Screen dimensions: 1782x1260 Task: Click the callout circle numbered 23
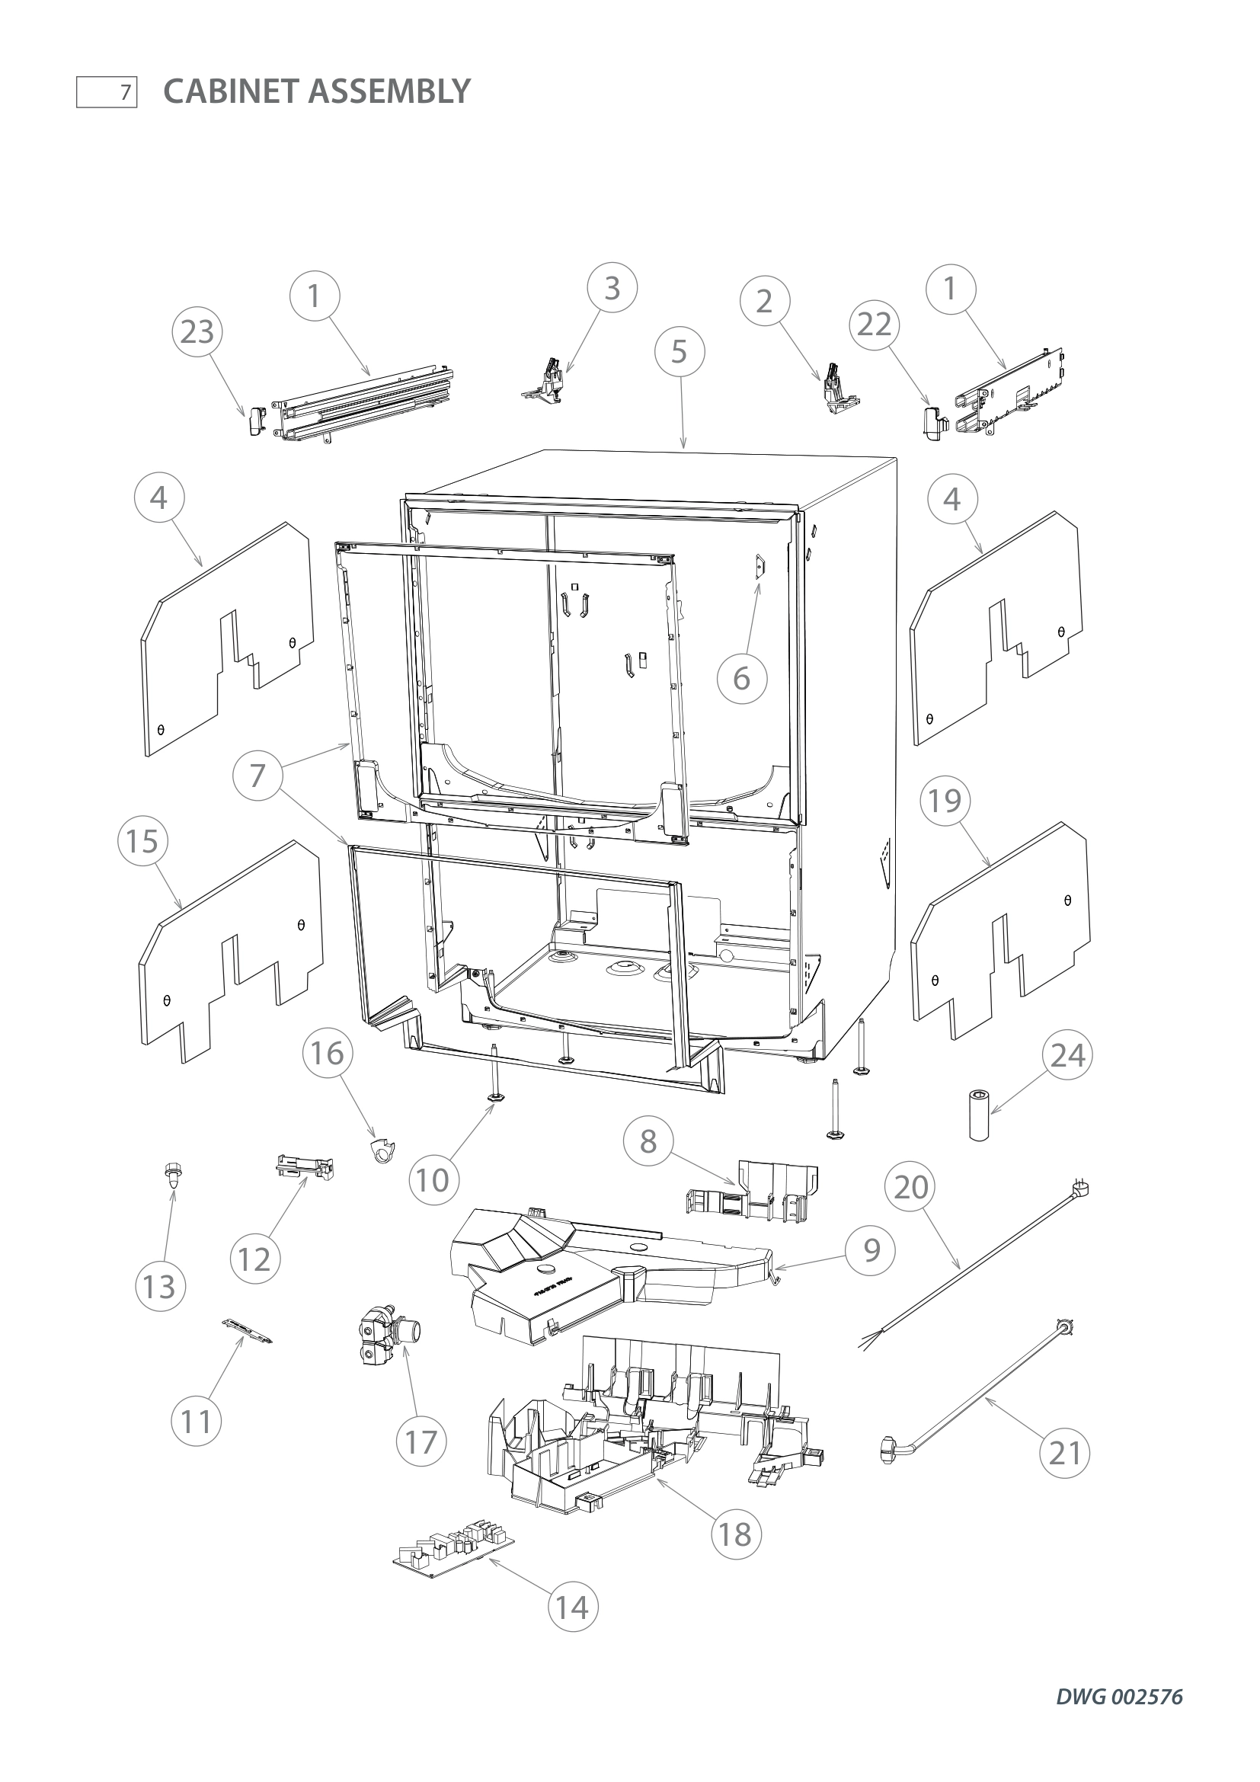[197, 332]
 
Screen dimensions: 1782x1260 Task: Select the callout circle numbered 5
[679, 353]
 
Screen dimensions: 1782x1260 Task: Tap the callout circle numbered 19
[944, 801]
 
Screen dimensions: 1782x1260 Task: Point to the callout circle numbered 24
[1067, 1055]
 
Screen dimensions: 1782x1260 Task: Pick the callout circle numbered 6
[742, 679]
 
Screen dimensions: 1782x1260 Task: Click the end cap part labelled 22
[935, 421]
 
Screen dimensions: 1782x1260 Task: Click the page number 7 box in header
[107, 93]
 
